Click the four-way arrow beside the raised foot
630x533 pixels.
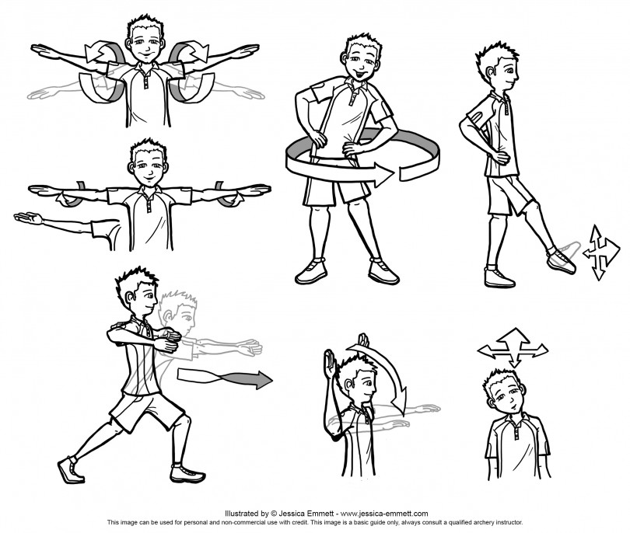pos(600,253)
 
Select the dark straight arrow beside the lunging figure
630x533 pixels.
pos(226,379)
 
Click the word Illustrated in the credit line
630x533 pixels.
pos(243,514)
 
